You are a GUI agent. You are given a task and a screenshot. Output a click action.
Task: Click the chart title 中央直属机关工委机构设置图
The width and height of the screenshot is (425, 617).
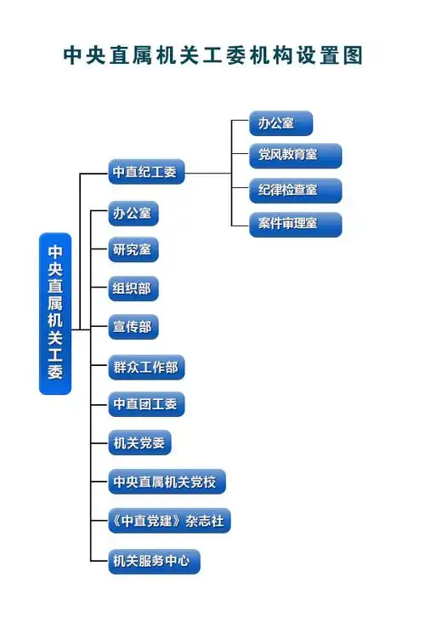[x=212, y=56]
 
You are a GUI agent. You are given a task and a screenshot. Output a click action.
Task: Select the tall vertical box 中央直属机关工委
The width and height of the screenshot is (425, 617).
[x=55, y=312]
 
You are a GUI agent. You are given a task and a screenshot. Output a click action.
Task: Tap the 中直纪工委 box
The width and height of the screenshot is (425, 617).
[x=145, y=172]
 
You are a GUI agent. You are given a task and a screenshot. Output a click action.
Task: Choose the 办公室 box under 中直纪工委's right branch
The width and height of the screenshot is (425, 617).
[x=280, y=123]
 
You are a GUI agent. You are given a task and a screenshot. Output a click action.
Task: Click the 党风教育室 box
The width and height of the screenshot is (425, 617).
[x=295, y=157]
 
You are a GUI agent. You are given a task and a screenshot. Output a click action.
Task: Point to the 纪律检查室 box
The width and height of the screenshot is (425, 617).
[x=295, y=191]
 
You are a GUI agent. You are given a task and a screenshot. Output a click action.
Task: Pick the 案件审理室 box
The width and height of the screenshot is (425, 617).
[x=295, y=225]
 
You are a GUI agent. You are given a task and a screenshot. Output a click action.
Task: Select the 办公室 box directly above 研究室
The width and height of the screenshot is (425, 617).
[x=133, y=214]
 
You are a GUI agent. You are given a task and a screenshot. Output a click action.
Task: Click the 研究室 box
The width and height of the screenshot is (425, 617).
[x=133, y=251]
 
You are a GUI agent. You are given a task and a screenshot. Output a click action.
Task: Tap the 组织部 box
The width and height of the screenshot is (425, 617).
[x=133, y=289]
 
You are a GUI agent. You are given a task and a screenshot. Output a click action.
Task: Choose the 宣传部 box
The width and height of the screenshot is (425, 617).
[x=133, y=327]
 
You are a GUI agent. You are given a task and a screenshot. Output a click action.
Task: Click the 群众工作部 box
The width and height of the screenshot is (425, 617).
[x=146, y=368]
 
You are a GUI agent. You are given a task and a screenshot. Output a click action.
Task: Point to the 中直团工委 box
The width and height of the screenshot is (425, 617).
[x=146, y=404]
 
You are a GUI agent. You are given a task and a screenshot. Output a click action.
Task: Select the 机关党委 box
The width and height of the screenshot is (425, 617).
[x=140, y=443]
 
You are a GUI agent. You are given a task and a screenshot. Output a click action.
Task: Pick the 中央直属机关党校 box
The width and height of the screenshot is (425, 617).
[x=167, y=482]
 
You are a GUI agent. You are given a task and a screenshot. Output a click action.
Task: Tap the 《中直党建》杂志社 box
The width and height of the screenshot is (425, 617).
[x=169, y=521]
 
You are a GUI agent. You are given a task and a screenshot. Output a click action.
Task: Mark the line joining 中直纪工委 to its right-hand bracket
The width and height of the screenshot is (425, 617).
[x=207, y=174]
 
